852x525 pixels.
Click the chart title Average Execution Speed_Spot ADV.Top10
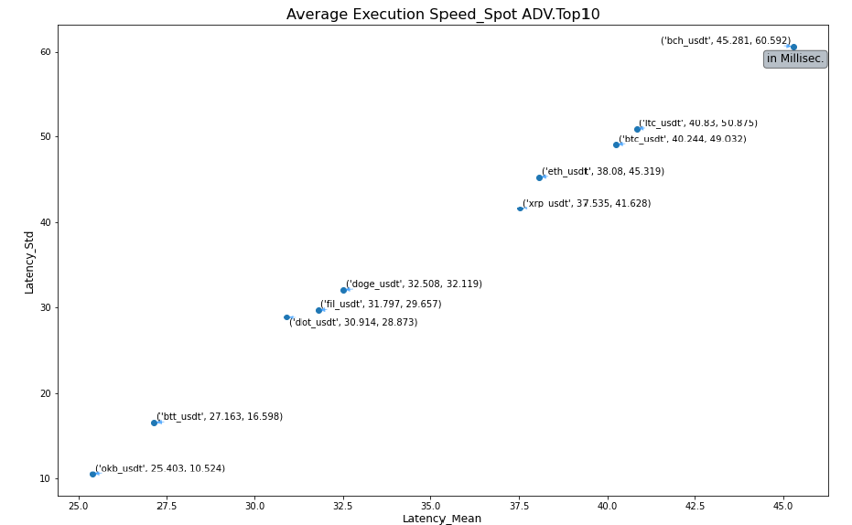[443, 15]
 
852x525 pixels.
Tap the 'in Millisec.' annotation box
[795, 59]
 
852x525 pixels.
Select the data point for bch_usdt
[793, 47]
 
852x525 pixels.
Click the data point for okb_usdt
[92, 474]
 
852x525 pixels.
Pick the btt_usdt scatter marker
[154, 423]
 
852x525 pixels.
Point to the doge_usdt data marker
[343, 290]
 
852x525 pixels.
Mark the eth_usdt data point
[539, 177]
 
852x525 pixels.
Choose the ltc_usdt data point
[637, 129]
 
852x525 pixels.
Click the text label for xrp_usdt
[587, 204]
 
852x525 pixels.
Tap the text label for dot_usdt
[353, 322]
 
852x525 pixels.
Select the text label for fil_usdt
[381, 305]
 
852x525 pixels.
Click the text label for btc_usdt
[683, 139]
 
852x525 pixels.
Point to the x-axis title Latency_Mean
[442, 519]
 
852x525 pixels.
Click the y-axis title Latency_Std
[29, 262]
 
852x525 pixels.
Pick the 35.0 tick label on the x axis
[431, 505]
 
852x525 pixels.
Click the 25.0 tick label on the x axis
[79, 505]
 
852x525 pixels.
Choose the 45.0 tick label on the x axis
[783, 505]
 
